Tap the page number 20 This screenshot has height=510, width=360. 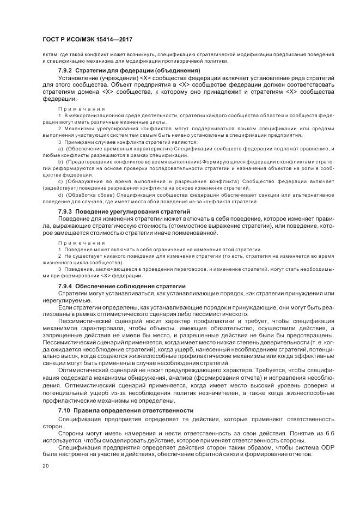pos(45,466)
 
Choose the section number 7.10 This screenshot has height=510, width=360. pos(64,410)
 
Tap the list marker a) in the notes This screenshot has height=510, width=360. pos(60,149)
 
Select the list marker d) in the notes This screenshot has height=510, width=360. pos(60,195)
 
